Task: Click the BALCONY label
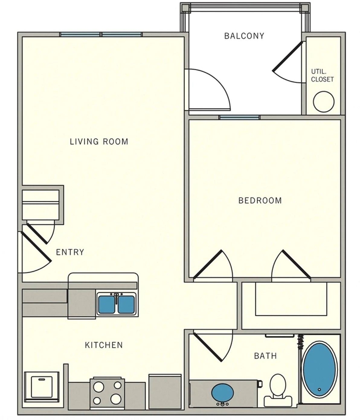[244, 36]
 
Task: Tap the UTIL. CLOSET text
[322, 75]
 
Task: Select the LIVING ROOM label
[99, 141]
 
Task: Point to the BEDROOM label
[260, 200]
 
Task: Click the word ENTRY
[70, 252]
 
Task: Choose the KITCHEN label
[104, 345]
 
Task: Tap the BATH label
[265, 356]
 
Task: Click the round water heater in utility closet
[324, 102]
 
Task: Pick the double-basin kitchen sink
[116, 304]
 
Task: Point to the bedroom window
[239, 117]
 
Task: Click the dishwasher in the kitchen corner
[42, 386]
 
